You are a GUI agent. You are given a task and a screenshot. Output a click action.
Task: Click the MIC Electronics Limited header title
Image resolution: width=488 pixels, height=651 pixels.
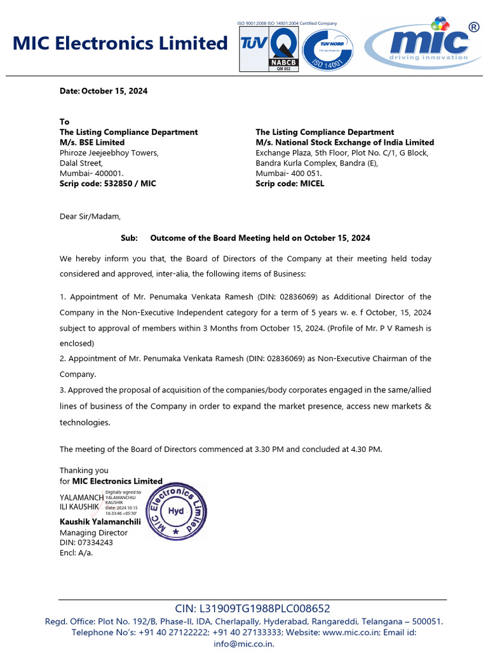(x=120, y=43)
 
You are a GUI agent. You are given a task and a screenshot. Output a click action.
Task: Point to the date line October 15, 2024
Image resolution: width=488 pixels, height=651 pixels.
(x=104, y=91)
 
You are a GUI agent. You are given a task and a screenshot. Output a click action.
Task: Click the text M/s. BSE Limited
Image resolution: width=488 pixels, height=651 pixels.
(x=92, y=142)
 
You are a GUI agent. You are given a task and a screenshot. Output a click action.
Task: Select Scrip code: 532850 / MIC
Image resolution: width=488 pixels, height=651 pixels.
(x=107, y=183)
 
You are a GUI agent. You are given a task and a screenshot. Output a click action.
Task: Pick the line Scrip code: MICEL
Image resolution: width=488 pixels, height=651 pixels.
(x=290, y=183)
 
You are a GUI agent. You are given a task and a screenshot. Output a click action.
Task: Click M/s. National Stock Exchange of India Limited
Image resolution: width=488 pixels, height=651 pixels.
(x=344, y=142)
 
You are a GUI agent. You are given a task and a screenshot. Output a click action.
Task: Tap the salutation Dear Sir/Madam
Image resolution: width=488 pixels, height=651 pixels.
(x=90, y=216)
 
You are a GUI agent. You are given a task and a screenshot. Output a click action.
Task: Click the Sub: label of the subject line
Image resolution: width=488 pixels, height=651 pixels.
(x=129, y=238)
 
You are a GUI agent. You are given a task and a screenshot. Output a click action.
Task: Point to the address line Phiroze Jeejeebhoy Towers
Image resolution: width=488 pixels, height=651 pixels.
(x=109, y=153)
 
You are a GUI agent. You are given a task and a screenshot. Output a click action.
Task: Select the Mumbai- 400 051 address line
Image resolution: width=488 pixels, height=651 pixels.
(x=288, y=173)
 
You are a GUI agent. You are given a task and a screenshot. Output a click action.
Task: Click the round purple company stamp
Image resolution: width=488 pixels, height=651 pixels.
(x=176, y=511)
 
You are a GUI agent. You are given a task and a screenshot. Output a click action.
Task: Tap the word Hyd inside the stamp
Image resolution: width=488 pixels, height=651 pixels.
(x=176, y=511)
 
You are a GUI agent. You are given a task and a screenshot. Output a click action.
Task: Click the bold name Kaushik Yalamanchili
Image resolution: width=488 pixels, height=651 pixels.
(x=100, y=522)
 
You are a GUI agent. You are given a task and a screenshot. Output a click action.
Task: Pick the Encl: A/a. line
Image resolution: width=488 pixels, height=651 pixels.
(x=76, y=552)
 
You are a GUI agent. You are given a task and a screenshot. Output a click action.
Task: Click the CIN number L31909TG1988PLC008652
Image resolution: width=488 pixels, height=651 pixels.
(x=252, y=608)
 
